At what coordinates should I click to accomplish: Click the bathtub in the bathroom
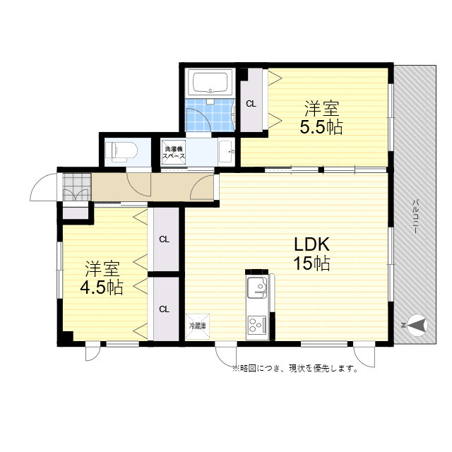210,83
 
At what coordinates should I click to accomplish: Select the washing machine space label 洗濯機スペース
173,153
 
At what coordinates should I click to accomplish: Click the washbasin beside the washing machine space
227,151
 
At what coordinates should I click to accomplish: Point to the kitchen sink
257,287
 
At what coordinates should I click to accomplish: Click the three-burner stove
257,326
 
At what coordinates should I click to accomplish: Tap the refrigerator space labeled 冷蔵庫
198,326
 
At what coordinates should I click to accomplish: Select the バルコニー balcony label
415,216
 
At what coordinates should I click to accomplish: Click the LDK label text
311,244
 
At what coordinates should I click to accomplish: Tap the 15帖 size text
311,263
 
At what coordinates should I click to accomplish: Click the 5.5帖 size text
321,127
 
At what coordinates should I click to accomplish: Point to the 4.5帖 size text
102,287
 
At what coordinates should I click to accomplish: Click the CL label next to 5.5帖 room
251,104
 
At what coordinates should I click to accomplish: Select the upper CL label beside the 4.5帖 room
165,239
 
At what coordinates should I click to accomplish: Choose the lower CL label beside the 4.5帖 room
165,309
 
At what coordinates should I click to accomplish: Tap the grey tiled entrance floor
77,187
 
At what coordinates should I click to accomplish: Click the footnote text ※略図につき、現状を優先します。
295,368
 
